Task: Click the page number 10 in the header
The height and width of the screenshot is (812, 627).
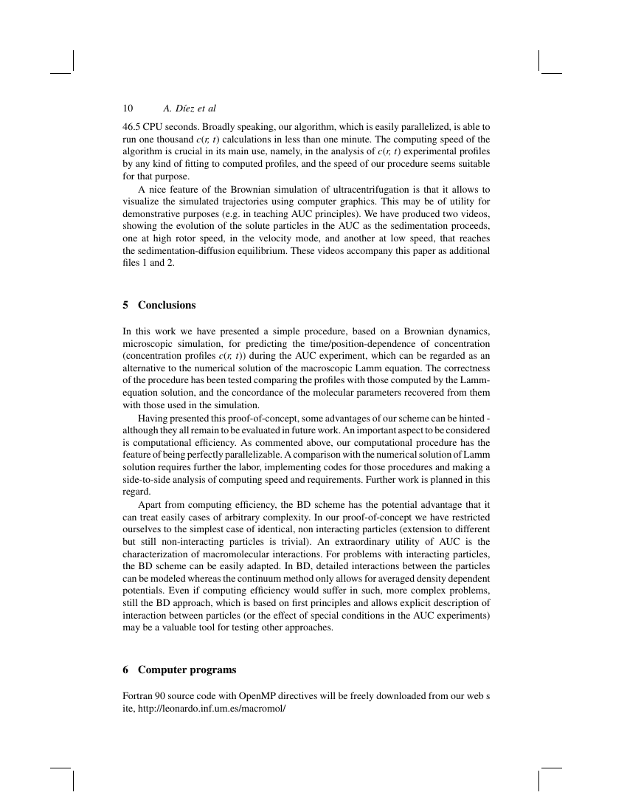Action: pyautogui.click(x=128, y=109)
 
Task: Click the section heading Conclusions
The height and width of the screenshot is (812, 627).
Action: pyautogui.click(x=167, y=305)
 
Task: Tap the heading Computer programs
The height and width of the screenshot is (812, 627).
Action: pyautogui.click(x=187, y=670)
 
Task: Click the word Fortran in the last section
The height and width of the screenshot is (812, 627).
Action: pyautogui.click(x=139, y=695)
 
